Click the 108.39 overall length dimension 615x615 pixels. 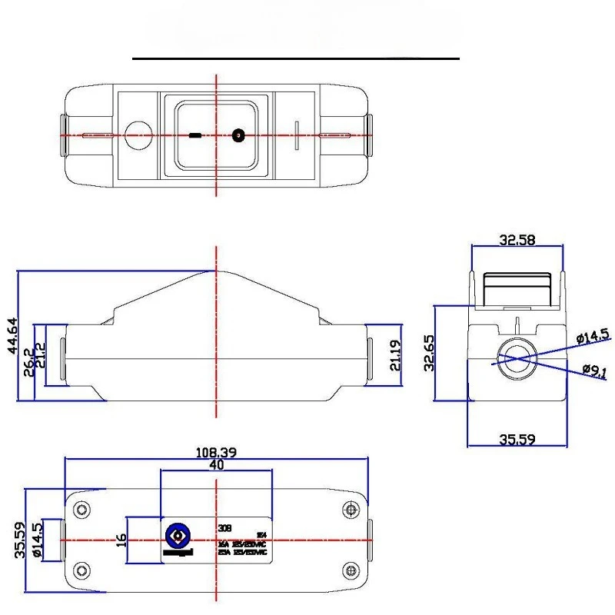coord(216,453)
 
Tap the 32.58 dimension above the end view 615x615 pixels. coord(517,240)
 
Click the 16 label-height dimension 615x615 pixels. coord(120,540)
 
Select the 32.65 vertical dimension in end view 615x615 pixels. coord(430,354)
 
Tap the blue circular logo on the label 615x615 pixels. coord(178,535)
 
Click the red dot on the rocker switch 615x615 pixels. coord(238,136)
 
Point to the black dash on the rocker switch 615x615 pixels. coord(195,136)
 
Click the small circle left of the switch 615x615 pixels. coord(138,136)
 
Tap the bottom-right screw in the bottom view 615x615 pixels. coord(351,570)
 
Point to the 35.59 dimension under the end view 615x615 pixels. coord(517,440)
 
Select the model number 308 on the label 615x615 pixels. coord(224,528)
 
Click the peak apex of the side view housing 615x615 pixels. coord(216,271)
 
